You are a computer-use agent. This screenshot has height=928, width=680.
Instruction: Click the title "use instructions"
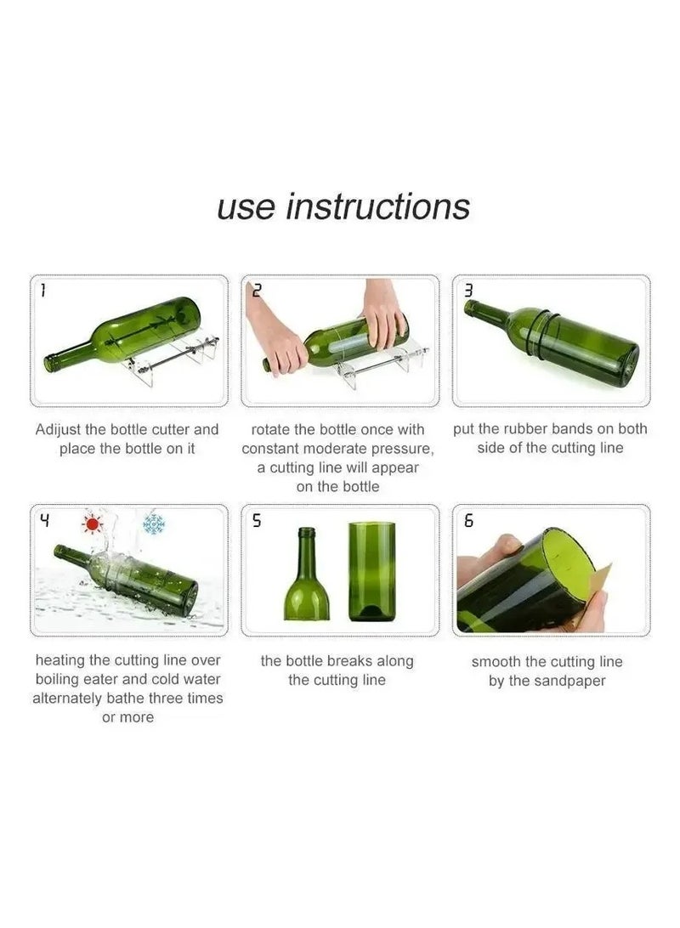pyautogui.click(x=343, y=207)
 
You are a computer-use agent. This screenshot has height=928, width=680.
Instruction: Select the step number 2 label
pyautogui.click(x=257, y=291)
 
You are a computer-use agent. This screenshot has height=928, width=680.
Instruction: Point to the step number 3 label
pyautogui.click(x=467, y=291)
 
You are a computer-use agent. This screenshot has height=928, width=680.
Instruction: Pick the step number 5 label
pyautogui.click(x=257, y=521)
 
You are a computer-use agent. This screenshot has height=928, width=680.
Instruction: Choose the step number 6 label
pyautogui.click(x=468, y=521)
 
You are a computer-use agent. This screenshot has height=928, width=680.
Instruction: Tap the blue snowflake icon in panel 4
pyautogui.click(x=153, y=523)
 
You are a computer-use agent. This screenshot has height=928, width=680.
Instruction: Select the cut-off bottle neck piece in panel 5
pyautogui.click(x=306, y=578)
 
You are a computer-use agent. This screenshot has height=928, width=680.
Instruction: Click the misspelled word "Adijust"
pyautogui.click(x=61, y=429)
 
